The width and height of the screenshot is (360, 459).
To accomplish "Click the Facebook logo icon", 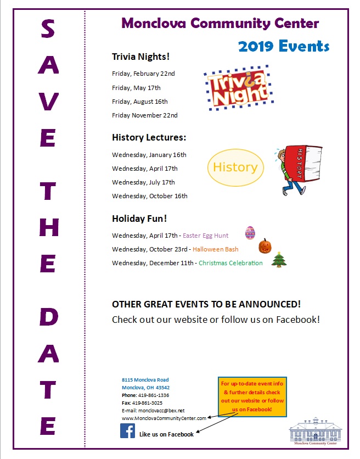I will click(128, 431).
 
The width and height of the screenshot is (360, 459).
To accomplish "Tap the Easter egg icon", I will click(250, 232).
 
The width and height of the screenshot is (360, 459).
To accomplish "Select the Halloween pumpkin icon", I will click(265, 245).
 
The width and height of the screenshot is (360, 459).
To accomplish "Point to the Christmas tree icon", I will click(279, 259).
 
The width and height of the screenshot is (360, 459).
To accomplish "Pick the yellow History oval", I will click(235, 167).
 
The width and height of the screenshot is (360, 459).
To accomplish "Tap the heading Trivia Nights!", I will click(140, 57).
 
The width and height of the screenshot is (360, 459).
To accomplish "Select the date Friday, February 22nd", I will click(143, 74).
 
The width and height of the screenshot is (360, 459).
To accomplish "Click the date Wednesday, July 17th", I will click(143, 182).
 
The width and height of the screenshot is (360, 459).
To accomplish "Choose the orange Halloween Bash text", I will click(215, 249).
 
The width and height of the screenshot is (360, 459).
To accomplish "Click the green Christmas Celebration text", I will click(230, 263).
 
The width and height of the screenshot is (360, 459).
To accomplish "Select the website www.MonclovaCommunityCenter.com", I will click(164, 418).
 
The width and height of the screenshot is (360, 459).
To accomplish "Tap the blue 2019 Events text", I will click(284, 46).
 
